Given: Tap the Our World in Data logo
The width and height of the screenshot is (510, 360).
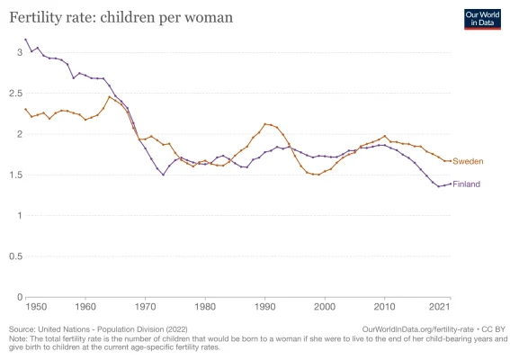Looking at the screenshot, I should pos(481,19).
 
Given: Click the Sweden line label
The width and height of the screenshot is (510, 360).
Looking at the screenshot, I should pos(468,161).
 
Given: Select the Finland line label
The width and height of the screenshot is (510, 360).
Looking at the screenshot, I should pos(467,184).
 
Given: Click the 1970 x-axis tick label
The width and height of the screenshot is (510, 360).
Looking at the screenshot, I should pos(146,307).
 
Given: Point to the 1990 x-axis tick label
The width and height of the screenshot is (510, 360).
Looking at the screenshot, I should pos(264,307).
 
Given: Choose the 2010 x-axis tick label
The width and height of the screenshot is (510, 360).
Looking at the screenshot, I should pos(384,307).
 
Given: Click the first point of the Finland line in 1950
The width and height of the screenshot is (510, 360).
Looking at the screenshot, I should pos(26,40).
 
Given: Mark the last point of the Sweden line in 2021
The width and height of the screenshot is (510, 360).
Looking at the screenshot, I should pos(450,161).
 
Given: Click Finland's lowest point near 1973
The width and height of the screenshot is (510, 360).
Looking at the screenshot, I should pos(163,175).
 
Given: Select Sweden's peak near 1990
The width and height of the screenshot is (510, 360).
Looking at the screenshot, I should pos(264,124).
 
